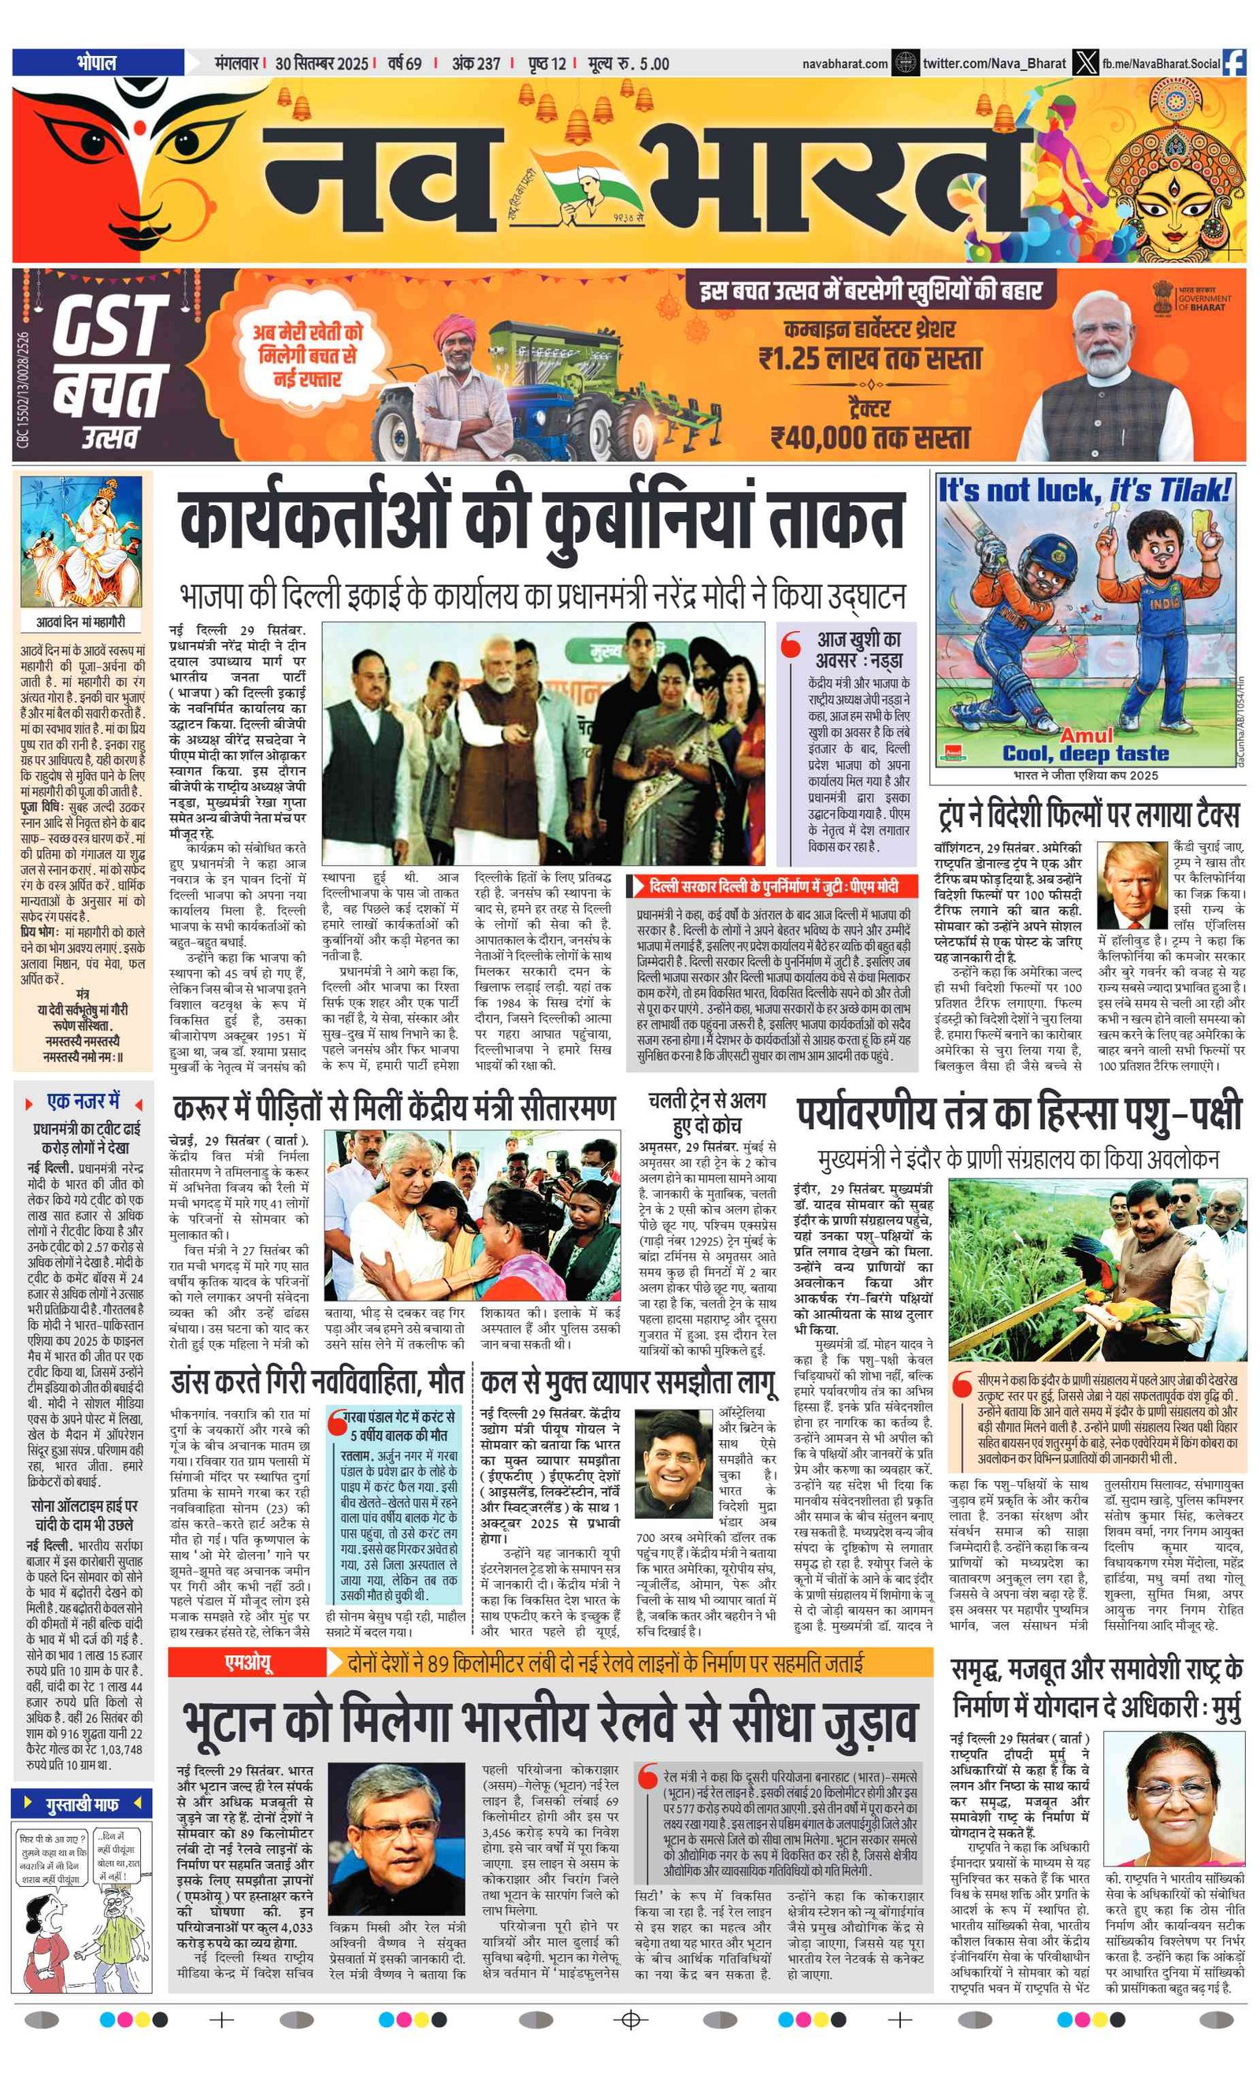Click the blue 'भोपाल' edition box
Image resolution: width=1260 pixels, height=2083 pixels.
click(x=97, y=62)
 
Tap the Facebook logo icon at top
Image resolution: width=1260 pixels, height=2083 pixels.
click(x=1234, y=62)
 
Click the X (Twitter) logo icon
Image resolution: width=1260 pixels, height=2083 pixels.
click(x=1085, y=62)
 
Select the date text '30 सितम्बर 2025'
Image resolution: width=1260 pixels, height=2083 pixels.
click(x=321, y=63)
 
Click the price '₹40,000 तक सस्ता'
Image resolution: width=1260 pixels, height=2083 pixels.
click(x=870, y=437)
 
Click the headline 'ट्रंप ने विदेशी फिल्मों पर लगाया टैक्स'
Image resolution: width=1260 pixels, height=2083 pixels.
click(x=1088, y=815)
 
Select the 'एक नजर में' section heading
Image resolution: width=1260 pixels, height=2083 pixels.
click(x=83, y=1101)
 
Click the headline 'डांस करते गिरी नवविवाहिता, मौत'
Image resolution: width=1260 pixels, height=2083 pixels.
click(x=317, y=1381)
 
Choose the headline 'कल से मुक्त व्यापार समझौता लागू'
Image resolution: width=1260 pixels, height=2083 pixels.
click(x=627, y=1381)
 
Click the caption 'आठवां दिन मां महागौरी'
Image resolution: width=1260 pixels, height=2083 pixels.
click(x=81, y=622)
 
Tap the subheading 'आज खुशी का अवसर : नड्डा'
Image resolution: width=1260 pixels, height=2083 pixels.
click(x=858, y=649)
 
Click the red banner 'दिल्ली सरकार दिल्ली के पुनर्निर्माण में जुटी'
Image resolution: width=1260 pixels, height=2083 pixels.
click(x=773, y=886)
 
